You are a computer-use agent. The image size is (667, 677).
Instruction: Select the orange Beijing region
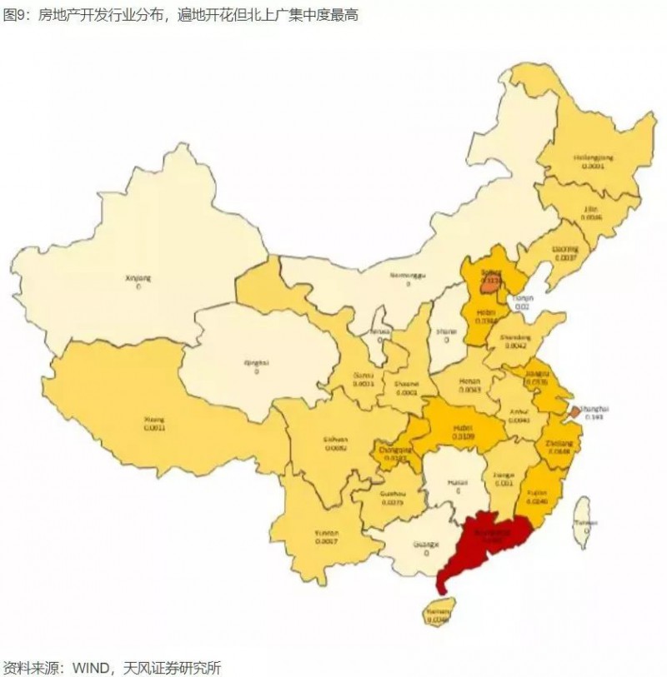[x=490, y=277]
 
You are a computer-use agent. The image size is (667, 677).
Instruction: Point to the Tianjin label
[x=522, y=297]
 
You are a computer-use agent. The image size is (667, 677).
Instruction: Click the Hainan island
[x=438, y=611]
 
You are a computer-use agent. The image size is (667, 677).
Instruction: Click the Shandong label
[x=515, y=337]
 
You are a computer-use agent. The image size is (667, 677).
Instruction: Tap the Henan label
[x=469, y=380]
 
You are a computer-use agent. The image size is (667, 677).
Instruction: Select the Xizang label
[x=155, y=420]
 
